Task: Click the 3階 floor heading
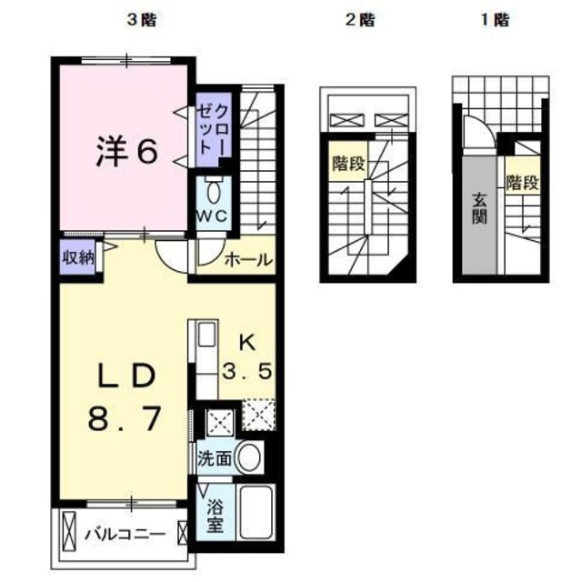coord(141,20)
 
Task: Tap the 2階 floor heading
coord(360,20)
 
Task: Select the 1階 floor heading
coord(495,20)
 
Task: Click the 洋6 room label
coord(127,152)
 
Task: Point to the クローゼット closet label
coord(213,129)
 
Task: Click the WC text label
coord(212,216)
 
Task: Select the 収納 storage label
coord(78,257)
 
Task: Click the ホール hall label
coord(248,259)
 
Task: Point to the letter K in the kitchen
coord(247,343)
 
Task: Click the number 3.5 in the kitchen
coord(247,371)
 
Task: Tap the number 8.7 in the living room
coord(125,418)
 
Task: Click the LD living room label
coord(126,376)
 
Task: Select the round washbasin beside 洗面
coord(248,457)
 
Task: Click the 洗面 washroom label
coord(215,459)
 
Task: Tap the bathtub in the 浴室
coord(256,512)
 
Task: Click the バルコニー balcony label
coord(125,535)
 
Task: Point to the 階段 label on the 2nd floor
coord(348,164)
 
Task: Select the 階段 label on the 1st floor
coord(523,183)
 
